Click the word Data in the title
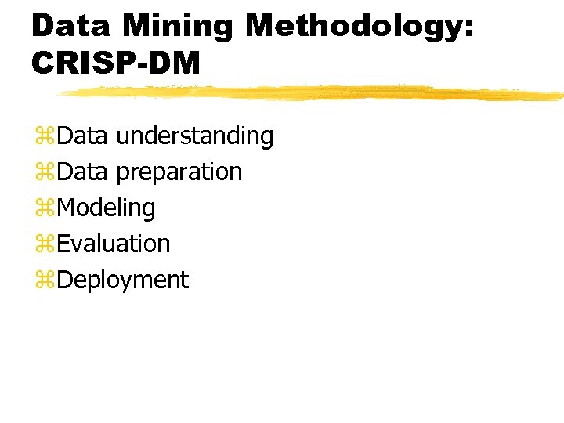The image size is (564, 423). pyautogui.click(x=72, y=26)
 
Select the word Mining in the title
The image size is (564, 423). pyautogui.click(x=178, y=26)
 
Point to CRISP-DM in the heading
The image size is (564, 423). pyautogui.click(x=116, y=63)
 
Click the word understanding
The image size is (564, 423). pyautogui.click(x=194, y=136)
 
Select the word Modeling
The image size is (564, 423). pyautogui.click(x=107, y=208)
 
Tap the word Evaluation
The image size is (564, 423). pyautogui.click(x=114, y=244)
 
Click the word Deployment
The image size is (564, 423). pyautogui.click(x=123, y=280)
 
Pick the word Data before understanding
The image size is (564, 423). pyautogui.click(x=82, y=136)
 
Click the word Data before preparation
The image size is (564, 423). pyautogui.click(x=82, y=172)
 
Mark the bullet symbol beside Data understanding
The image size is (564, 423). pyautogui.click(x=43, y=137)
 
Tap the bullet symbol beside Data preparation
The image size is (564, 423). pyautogui.click(x=43, y=173)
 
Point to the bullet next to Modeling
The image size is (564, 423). pyautogui.click(x=43, y=209)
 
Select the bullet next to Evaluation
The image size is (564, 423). pyautogui.click(x=43, y=245)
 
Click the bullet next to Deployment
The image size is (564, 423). pyautogui.click(x=43, y=281)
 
